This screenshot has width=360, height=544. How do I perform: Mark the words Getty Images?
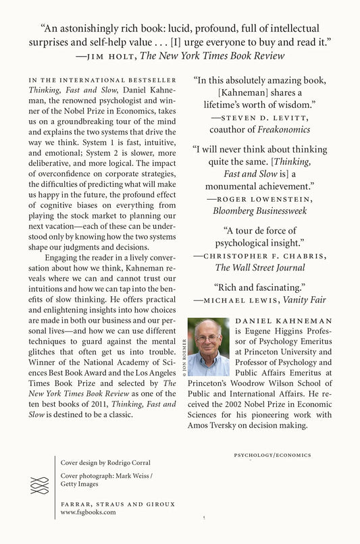(x=80, y=484)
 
